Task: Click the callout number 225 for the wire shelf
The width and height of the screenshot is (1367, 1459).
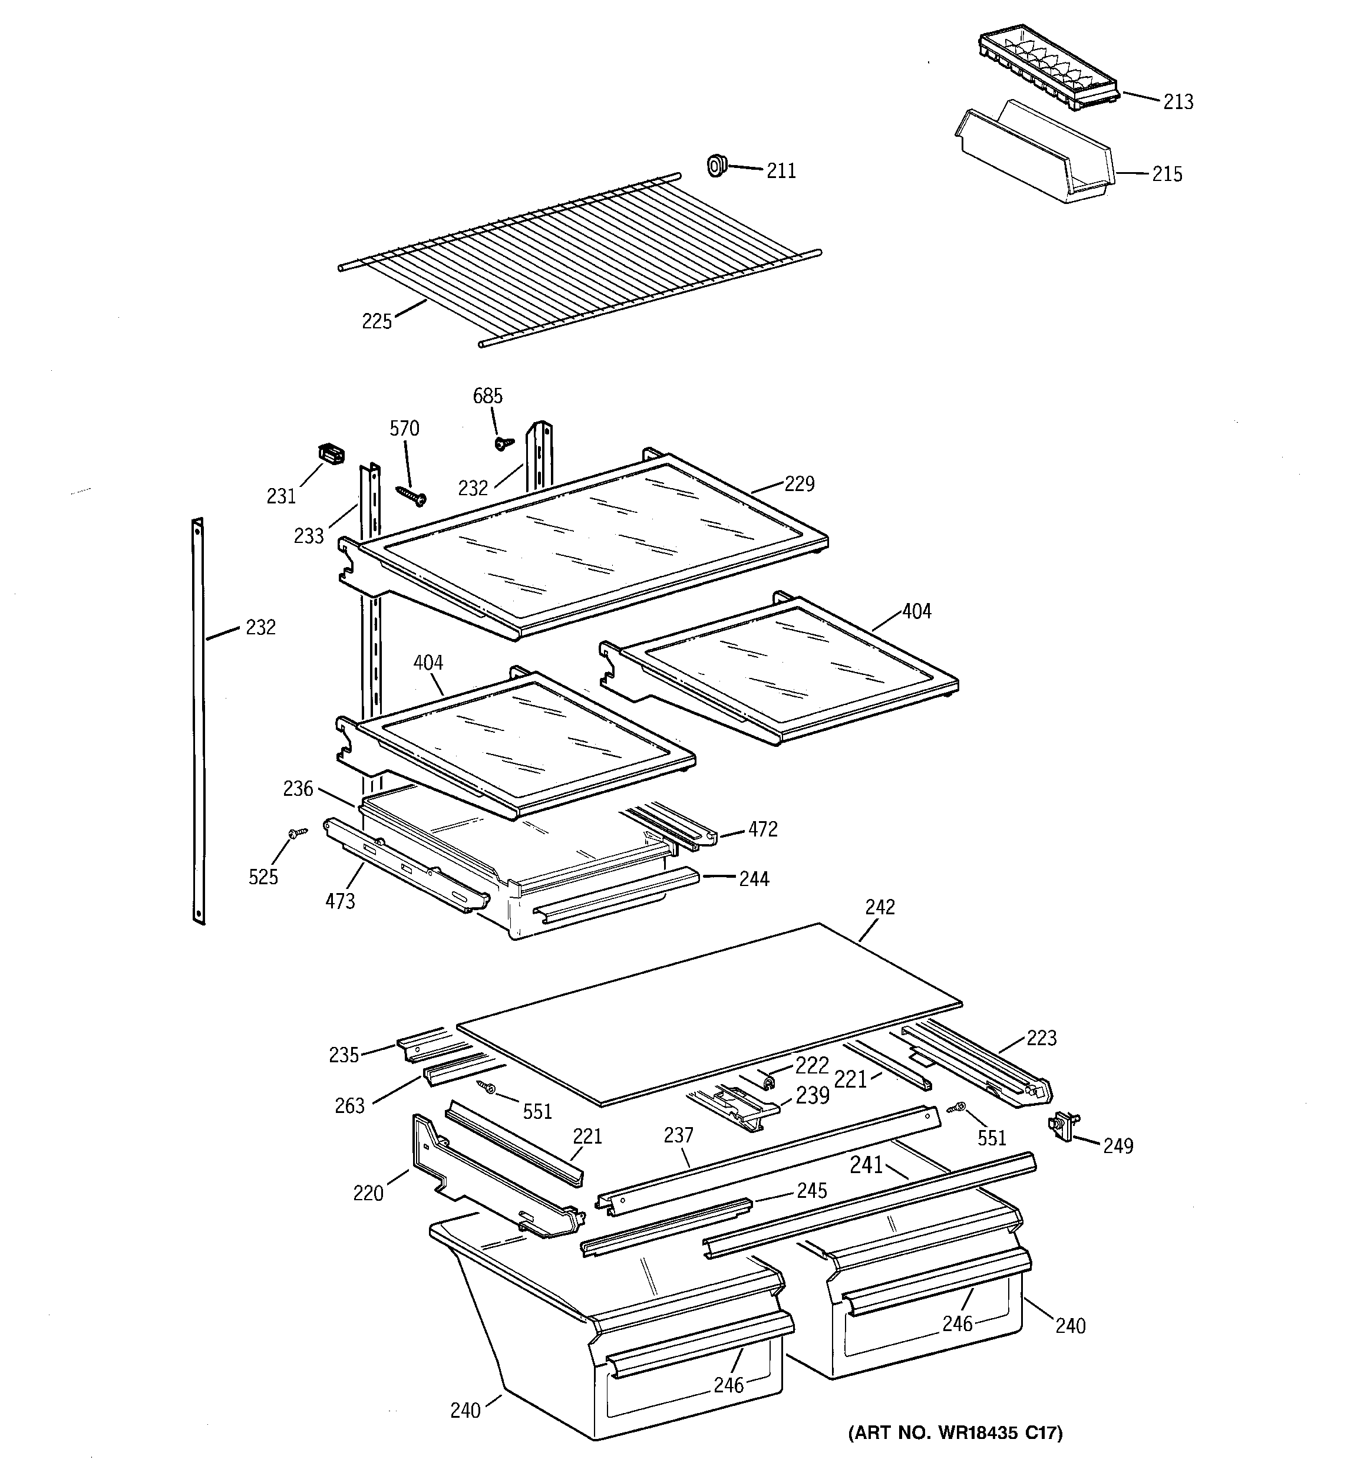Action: click(377, 321)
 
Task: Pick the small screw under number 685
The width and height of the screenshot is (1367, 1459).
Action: click(503, 443)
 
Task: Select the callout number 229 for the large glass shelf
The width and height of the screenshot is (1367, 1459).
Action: click(799, 483)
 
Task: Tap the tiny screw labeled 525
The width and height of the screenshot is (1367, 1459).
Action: click(296, 832)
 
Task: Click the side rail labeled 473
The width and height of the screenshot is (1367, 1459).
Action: click(407, 867)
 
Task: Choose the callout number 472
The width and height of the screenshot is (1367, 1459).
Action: click(762, 829)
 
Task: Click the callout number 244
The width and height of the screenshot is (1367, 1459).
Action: click(754, 878)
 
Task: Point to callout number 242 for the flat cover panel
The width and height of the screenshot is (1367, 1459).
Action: click(879, 907)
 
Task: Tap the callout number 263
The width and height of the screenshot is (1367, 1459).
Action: click(349, 1106)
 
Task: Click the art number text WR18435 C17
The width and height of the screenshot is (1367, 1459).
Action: click(955, 1432)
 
